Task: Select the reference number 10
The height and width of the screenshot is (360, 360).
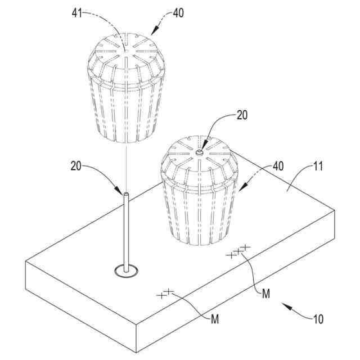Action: pos(318,319)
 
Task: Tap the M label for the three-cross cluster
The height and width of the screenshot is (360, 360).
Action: pos(267,293)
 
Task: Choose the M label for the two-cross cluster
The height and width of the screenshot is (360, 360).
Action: pos(214,319)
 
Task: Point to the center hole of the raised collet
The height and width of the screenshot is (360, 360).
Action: pos(128,50)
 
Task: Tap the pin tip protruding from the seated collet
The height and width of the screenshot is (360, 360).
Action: pos(199,151)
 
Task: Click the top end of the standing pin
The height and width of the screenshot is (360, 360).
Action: pos(126,195)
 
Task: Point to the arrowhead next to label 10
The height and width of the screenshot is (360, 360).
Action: pos(285,305)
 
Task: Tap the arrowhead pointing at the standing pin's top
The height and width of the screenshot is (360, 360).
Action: pos(119,190)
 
